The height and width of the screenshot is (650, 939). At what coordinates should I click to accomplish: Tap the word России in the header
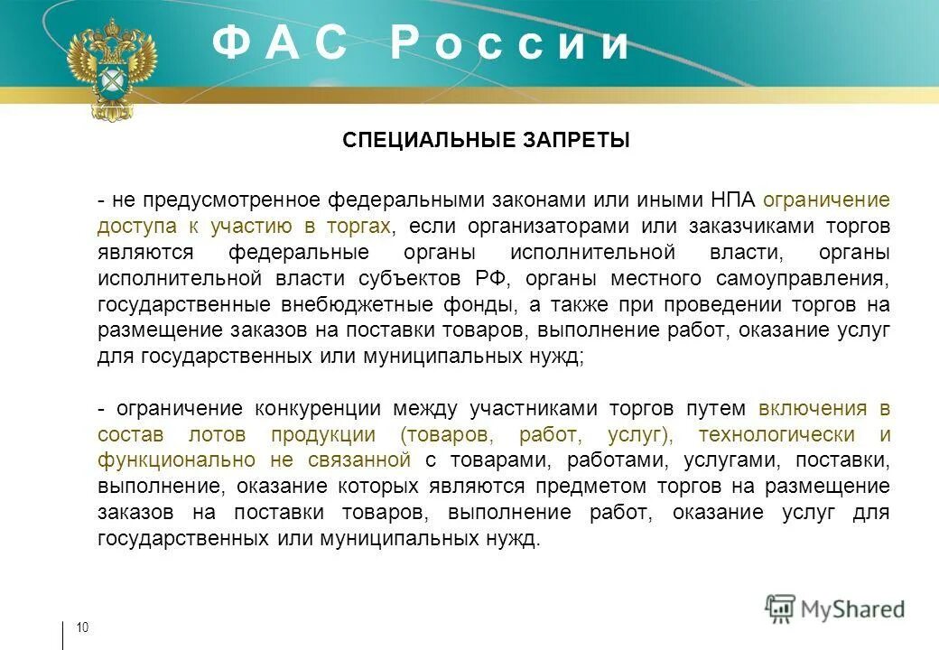coord(510,43)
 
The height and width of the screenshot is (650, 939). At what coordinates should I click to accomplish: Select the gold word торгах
coord(358,226)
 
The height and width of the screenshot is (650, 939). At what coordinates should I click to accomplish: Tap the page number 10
coord(82,628)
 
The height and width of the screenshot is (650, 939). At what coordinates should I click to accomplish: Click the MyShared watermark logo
coord(835,608)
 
